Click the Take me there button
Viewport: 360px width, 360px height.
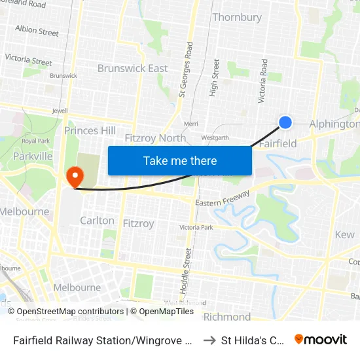pos(180,160)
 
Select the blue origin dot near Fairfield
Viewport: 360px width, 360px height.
pos(285,122)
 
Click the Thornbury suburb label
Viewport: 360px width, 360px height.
pos(236,17)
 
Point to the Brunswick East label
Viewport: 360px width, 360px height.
pos(132,68)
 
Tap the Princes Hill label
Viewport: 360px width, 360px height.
pos(90,130)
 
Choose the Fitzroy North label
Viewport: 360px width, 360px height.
pos(155,138)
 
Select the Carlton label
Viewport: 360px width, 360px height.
pos(97,221)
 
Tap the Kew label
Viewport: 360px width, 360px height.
pos(344,234)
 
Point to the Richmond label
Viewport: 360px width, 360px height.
pos(226,317)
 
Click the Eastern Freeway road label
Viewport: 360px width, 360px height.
pos(223,200)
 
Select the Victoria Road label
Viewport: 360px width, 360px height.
pos(264,81)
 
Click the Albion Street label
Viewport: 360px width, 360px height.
pos(37,31)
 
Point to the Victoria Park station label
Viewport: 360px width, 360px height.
pos(196,228)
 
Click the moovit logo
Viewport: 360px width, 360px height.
pos(321,339)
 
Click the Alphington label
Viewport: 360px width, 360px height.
pos(334,124)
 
